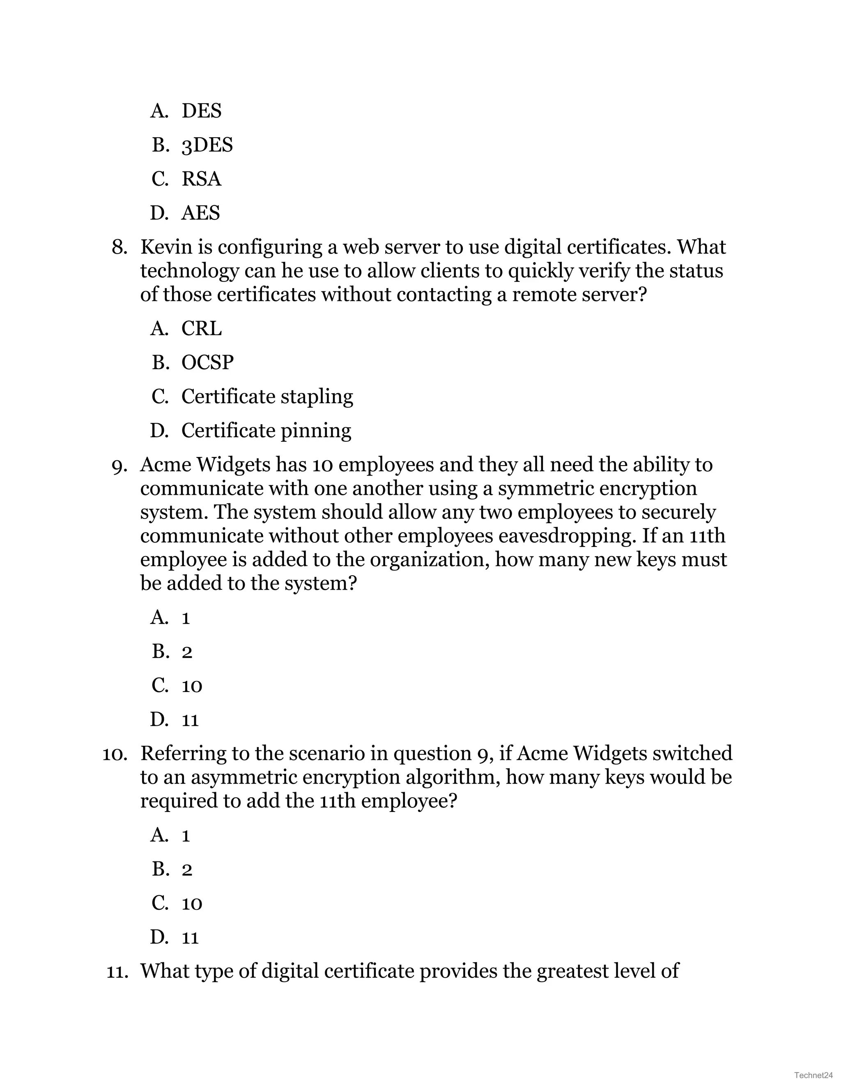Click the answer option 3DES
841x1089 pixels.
(x=207, y=145)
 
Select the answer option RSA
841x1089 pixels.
(x=201, y=179)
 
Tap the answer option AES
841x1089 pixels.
(x=200, y=213)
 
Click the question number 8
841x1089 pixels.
(x=119, y=247)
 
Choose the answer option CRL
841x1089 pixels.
(x=201, y=329)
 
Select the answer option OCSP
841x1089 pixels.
(x=207, y=362)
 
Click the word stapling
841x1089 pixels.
(x=316, y=397)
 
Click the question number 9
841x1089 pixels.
(x=119, y=466)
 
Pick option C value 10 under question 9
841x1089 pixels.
(x=191, y=686)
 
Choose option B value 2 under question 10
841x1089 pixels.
(x=187, y=870)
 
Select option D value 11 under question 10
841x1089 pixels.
(x=190, y=938)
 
